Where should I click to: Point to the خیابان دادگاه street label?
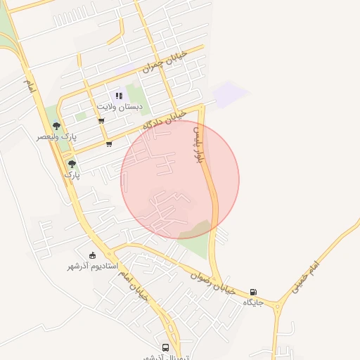click(164, 119)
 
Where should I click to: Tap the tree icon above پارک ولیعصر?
click(57, 126)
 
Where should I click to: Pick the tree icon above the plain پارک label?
click(72, 164)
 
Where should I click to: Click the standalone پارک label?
click(72, 174)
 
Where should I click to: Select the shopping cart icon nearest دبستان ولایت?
click(101, 121)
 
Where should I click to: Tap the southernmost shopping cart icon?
click(109, 144)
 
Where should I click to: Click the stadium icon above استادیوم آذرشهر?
click(92, 256)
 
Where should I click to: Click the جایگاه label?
click(253, 302)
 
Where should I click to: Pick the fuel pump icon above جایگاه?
click(253, 292)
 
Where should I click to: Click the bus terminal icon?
click(166, 347)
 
